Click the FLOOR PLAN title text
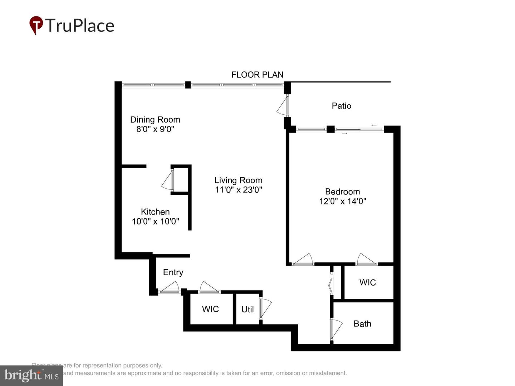pyautogui.click(x=257, y=75)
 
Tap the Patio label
pyautogui.click(x=341, y=106)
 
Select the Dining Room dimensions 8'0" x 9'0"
pyautogui.click(x=155, y=129)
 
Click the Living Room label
pyautogui.click(x=238, y=180)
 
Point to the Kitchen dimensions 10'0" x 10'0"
pyautogui.click(x=155, y=222)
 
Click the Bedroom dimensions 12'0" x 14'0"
pyautogui.click(x=342, y=201)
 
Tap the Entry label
pyautogui.click(x=173, y=272)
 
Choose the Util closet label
pyautogui.click(x=247, y=309)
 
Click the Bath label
pyautogui.click(x=362, y=324)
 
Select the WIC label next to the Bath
pyautogui.click(x=367, y=282)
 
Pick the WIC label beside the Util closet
pyautogui.click(x=210, y=309)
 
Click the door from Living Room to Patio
pyautogui.click(x=283, y=106)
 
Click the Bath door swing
pyautogui.click(x=336, y=328)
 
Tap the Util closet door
pyautogui.click(x=266, y=307)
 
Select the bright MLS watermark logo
pyautogui.click(x=31, y=375)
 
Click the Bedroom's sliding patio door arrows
pyautogui.click(x=359, y=129)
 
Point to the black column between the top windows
pyautogui.click(x=188, y=85)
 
